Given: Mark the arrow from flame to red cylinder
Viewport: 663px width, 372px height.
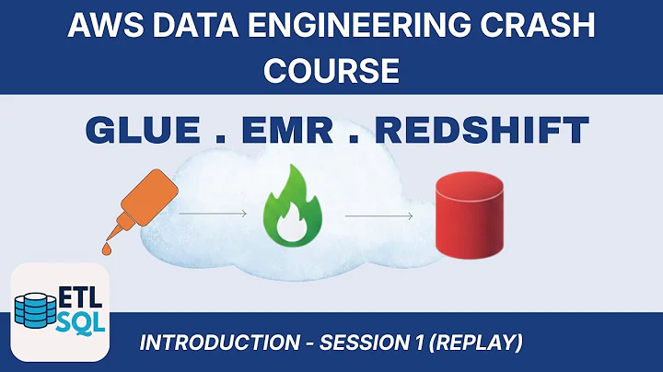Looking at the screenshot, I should click(x=379, y=216).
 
